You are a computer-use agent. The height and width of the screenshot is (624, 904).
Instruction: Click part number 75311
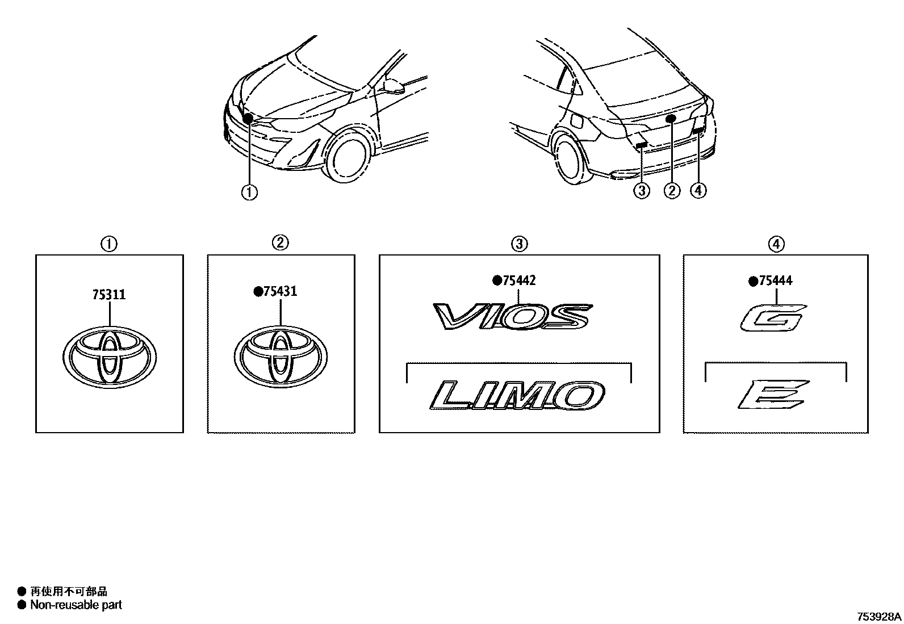point(108,295)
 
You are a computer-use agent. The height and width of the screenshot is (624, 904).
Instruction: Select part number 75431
point(280,291)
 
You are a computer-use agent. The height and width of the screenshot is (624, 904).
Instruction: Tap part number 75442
point(519,280)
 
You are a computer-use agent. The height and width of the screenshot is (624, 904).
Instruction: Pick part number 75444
point(776,280)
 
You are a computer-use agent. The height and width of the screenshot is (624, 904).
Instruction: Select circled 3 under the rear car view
point(641,190)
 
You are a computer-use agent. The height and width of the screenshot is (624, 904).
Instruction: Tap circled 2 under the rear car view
point(671,190)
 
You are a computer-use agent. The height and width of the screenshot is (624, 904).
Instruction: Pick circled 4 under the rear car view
point(698,190)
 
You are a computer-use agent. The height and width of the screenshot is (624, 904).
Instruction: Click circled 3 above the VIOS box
point(519,244)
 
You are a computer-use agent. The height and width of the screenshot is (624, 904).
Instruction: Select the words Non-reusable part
point(76,605)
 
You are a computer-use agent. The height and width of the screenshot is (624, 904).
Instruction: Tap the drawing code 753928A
point(878,617)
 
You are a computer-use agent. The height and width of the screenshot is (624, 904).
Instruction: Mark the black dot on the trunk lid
point(671,118)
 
